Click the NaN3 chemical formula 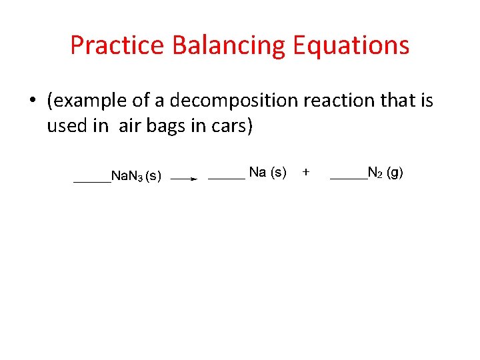coord(126,177)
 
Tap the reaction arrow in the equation coord(183,179)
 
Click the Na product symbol coord(257,173)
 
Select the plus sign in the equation coord(306,172)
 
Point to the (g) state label coord(395,173)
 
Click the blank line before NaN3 coord(91,181)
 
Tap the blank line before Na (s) coord(227,178)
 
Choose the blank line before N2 coord(349,178)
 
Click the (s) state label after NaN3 coord(153,177)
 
